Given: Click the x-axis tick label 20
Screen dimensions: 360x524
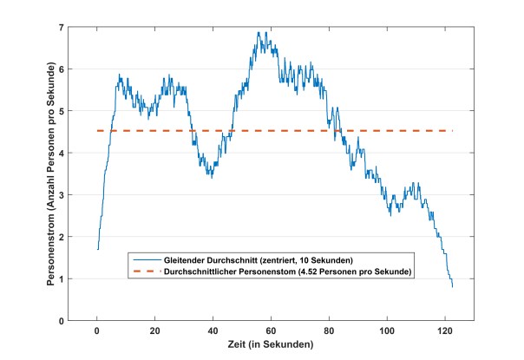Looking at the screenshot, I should pyautogui.click(x=155, y=331).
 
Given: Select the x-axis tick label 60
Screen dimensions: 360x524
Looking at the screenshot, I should pyautogui.click(x=272, y=331).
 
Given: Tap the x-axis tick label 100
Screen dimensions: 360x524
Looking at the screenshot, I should pyautogui.click(x=388, y=331).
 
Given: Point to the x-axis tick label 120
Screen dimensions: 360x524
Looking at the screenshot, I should pyautogui.click(x=446, y=331).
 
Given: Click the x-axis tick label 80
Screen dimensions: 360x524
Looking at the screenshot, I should pyautogui.click(x=330, y=331).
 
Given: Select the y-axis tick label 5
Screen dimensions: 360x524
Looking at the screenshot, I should pyautogui.click(x=62, y=111).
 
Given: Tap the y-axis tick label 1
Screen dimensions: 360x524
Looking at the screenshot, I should pyautogui.click(x=62, y=279).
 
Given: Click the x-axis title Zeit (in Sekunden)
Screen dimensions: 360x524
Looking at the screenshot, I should pyautogui.click(x=272, y=344).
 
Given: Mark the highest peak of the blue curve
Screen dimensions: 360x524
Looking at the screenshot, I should pyautogui.click(x=259, y=33).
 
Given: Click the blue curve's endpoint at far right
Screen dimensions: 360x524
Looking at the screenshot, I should pyautogui.click(x=453, y=287).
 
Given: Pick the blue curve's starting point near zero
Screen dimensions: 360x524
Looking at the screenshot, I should pyautogui.click(x=98, y=249).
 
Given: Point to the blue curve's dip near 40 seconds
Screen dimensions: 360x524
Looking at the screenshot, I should pyautogui.click(x=211, y=176).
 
